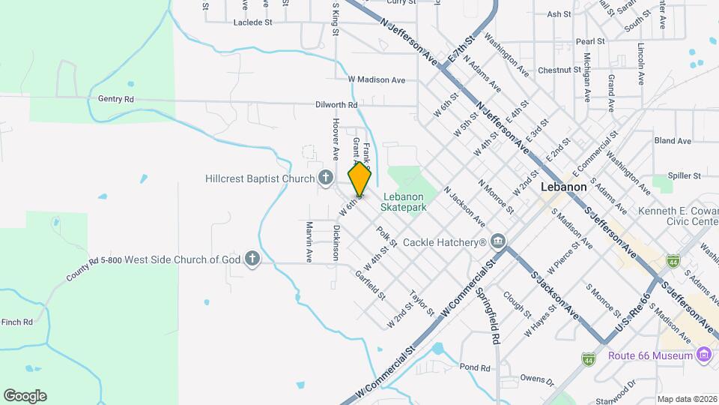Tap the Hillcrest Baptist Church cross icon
pyautogui.click(x=325, y=178)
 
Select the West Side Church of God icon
pyautogui.click(x=253, y=259)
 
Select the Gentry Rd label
pyautogui.click(x=115, y=99)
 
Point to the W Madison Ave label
pyautogui.click(x=376, y=79)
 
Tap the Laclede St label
pyautogui.click(x=253, y=22)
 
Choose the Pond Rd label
pyautogui.click(x=475, y=367)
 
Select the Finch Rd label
pyautogui.click(x=16, y=322)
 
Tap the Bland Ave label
pyautogui.click(x=673, y=141)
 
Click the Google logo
pyautogui.click(x=25, y=396)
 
